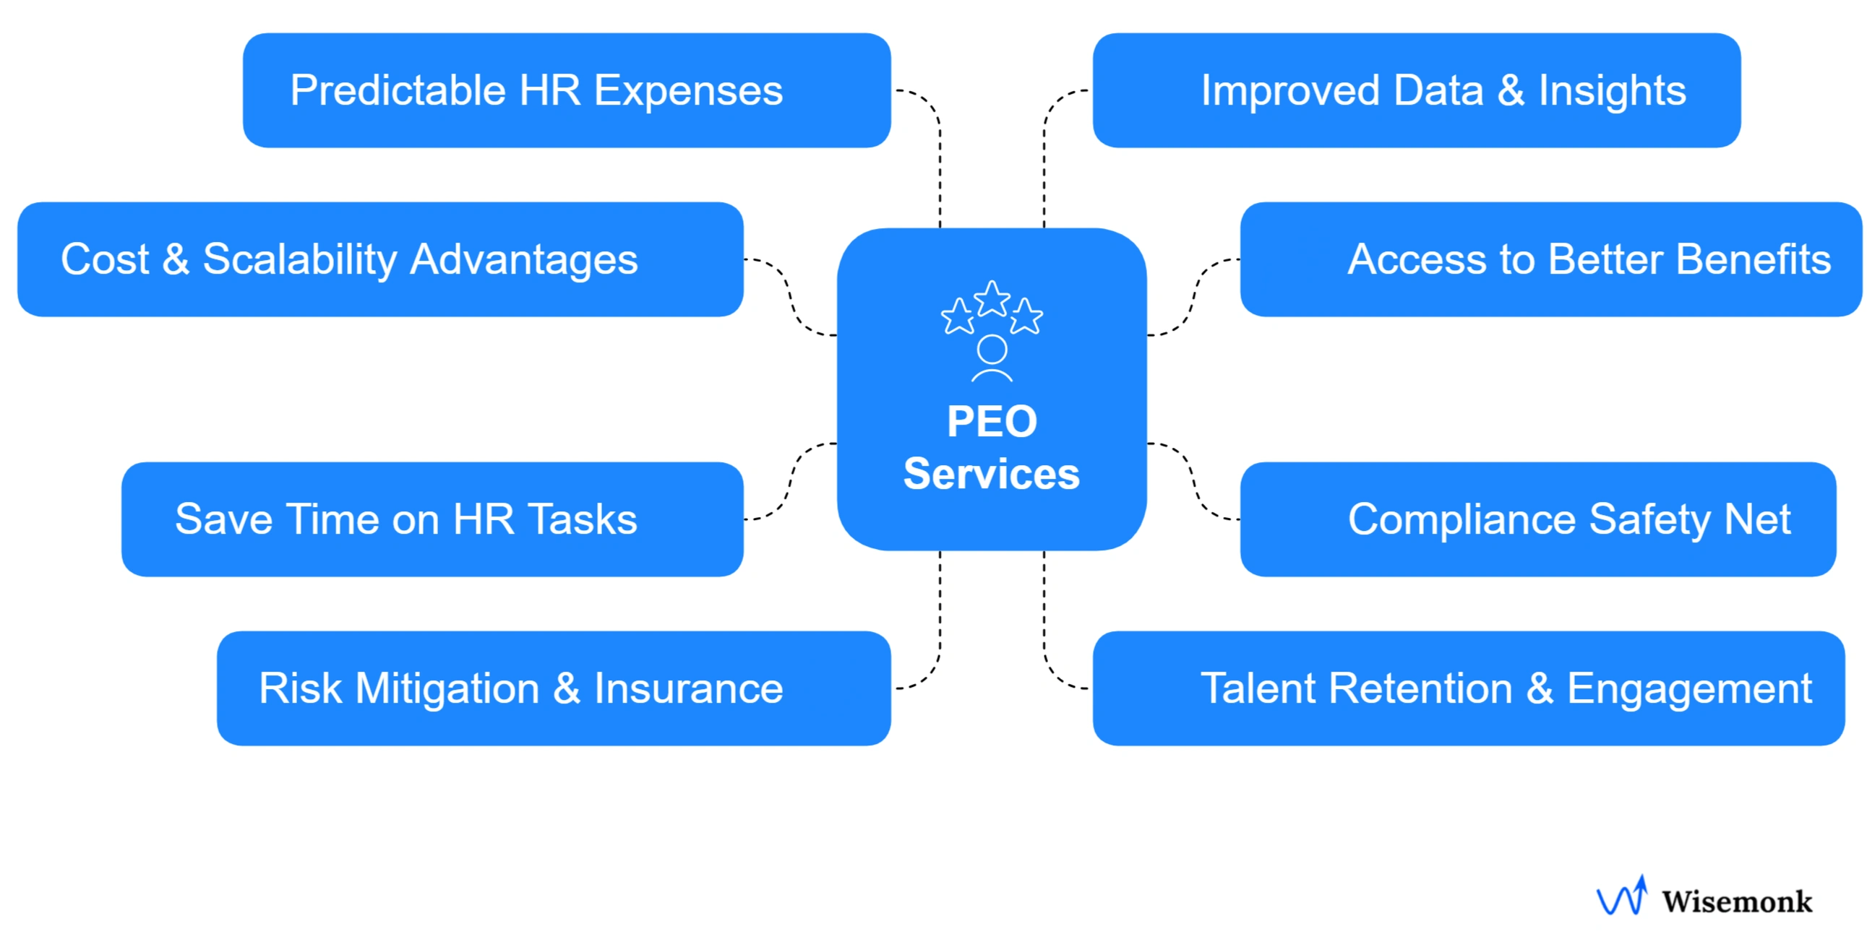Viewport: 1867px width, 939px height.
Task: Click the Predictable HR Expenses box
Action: pyautogui.click(x=566, y=90)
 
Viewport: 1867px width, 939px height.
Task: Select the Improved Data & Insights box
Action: pyautogui.click(x=1416, y=90)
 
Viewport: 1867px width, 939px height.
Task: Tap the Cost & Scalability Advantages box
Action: pyautogui.click(x=379, y=259)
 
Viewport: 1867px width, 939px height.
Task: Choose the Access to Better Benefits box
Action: pyautogui.click(x=1550, y=259)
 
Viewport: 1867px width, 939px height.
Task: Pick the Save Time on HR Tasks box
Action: pyautogui.click(x=432, y=519)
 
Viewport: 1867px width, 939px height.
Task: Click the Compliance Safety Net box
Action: pyautogui.click(x=1537, y=519)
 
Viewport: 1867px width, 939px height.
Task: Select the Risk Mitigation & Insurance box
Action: pyautogui.click(x=553, y=688)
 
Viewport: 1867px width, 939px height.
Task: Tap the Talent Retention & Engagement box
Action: pyautogui.click(x=1468, y=688)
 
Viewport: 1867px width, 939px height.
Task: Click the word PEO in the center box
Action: pyautogui.click(x=992, y=422)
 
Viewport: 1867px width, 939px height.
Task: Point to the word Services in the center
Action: pyautogui.click(x=992, y=475)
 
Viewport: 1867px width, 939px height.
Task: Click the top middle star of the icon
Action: pyautogui.click(x=992, y=298)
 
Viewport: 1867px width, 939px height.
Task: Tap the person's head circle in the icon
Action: pyautogui.click(x=992, y=349)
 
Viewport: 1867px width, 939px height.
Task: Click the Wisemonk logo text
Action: pyautogui.click(x=1737, y=902)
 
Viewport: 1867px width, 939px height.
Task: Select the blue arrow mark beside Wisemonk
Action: pyautogui.click(x=1622, y=897)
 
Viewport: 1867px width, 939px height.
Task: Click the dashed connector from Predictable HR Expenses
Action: pyautogui.click(x=940, y=160)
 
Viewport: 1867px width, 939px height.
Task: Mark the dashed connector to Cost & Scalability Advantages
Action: pyautogui.click(x=790, y=297)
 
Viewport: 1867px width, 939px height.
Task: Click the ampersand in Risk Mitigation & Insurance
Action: pyautogui.click(x=567, y=688)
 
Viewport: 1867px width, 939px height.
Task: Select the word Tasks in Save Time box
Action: pyautogui.click(x=583, y=519)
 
